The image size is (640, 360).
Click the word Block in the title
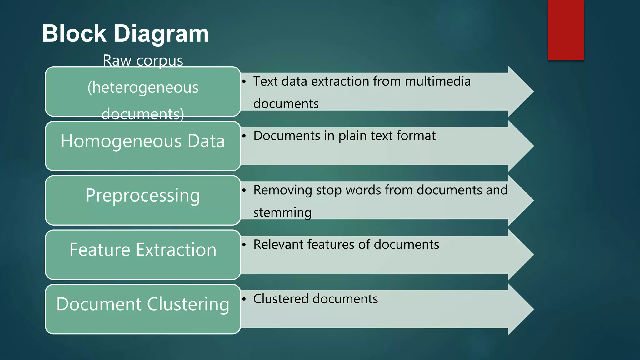[74, 33]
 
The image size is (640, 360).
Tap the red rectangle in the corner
[566, 30]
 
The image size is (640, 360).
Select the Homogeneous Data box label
[143, 141]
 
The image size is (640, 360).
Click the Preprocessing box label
[143, 196]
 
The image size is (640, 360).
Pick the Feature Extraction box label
[143, 250]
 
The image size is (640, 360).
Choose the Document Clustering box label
[143, 304]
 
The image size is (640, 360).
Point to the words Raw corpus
[143, 60]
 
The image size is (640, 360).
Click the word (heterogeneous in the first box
[143, 87]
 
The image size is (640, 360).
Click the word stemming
[282, 213]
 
